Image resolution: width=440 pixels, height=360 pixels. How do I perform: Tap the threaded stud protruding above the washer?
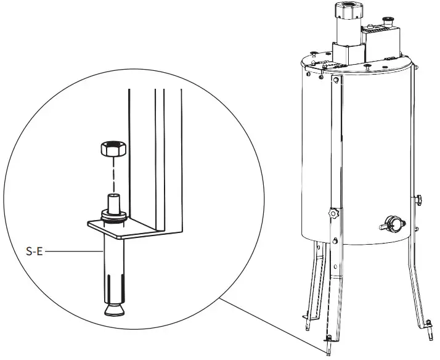[115, 202]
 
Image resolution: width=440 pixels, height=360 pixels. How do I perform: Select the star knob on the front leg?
[334, 213]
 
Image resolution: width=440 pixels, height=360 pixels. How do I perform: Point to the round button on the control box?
[389, 21]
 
